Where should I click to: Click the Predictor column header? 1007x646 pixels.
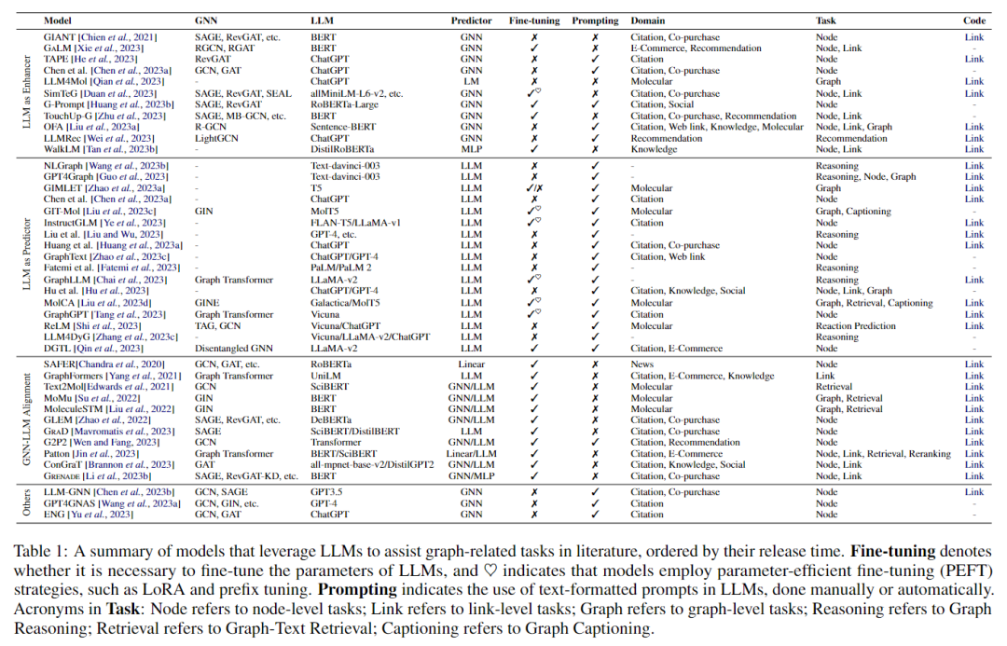471,20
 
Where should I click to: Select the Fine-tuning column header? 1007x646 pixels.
534,20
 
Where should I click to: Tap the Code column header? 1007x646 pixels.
973,20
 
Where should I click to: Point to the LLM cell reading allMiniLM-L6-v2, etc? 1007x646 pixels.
357,94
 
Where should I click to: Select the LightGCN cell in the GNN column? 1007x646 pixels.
215,138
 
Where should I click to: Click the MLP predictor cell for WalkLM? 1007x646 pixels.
471,149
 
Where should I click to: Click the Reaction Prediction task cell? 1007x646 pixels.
856,326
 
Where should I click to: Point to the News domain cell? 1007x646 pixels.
641,364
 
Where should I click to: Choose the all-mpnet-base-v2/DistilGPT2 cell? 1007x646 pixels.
372,464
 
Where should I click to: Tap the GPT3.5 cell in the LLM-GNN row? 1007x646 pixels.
327,492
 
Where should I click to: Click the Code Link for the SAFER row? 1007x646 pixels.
973,364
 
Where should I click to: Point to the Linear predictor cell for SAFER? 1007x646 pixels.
471,364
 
